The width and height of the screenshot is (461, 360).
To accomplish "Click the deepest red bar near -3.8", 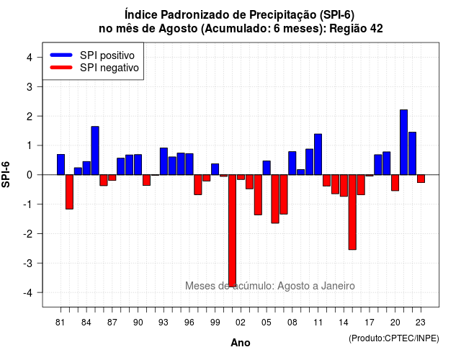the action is (x=232, y=230).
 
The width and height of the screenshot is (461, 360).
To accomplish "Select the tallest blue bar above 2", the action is (x=403, y=143).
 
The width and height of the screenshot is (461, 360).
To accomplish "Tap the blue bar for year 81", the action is (x=61, y=165).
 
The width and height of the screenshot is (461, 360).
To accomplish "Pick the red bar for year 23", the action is (x=421, y=179).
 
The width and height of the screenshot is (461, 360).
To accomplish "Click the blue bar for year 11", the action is (x=318, y=154).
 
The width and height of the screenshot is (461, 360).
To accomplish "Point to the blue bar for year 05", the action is (x=267, y=168).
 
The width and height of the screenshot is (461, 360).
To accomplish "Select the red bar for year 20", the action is (x=395, y=183).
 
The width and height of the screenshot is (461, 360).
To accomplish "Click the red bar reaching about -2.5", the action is (x=352, y=212).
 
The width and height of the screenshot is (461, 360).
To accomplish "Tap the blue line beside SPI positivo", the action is (x=61, y=55).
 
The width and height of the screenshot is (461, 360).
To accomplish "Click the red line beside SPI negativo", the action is (x=61, y=68).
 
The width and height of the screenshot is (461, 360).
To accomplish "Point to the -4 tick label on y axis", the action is (x=29, y=293).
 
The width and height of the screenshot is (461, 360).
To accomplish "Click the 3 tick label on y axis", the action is (x=30, y=86).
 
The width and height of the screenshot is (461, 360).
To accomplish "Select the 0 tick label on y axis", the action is (x=30, y=175).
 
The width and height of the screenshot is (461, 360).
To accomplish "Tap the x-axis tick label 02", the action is (x=241, y=323).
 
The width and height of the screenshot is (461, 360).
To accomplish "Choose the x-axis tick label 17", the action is (x=370, y=323).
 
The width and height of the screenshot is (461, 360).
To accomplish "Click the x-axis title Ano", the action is (x=241, y=343).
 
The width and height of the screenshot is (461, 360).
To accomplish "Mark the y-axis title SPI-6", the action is (x=6, y=174).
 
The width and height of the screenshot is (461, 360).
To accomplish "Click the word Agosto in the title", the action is (x=178, y=29).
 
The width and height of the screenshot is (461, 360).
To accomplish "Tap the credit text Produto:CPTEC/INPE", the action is (x=394, y=338).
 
